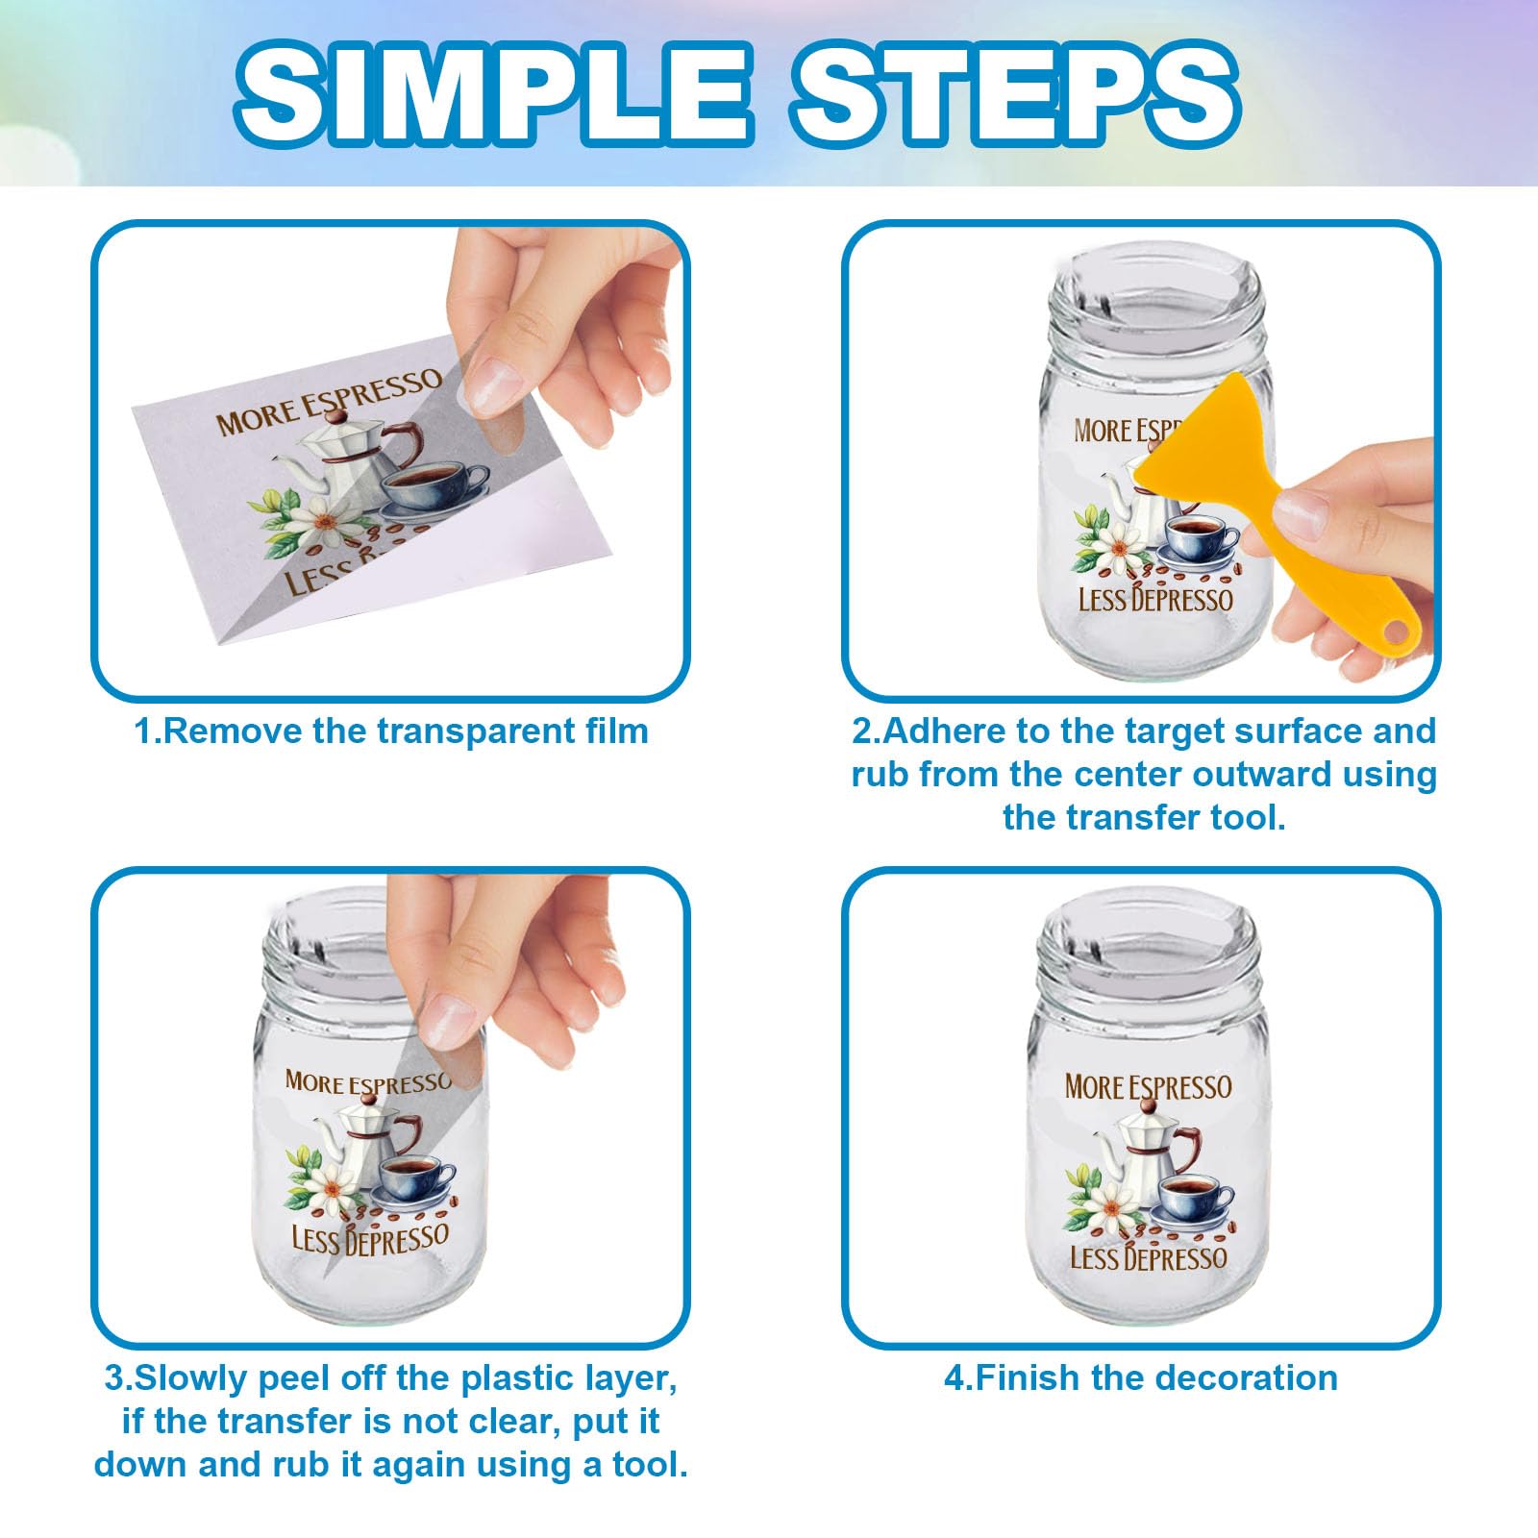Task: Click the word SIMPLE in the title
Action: click(x=491, y=93)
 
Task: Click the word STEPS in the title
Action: click(x=1015, y=93)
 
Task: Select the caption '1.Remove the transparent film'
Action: click(x=391, y=731)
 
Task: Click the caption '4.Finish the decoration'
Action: click(x=1140, y=1377)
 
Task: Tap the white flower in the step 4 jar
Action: click(x=1111, y=1205)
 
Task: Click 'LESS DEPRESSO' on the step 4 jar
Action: click(x=1149, y=1257)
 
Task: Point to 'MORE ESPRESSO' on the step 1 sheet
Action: click(x=329, y=402)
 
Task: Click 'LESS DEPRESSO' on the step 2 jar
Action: click(x=1154, y=600)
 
